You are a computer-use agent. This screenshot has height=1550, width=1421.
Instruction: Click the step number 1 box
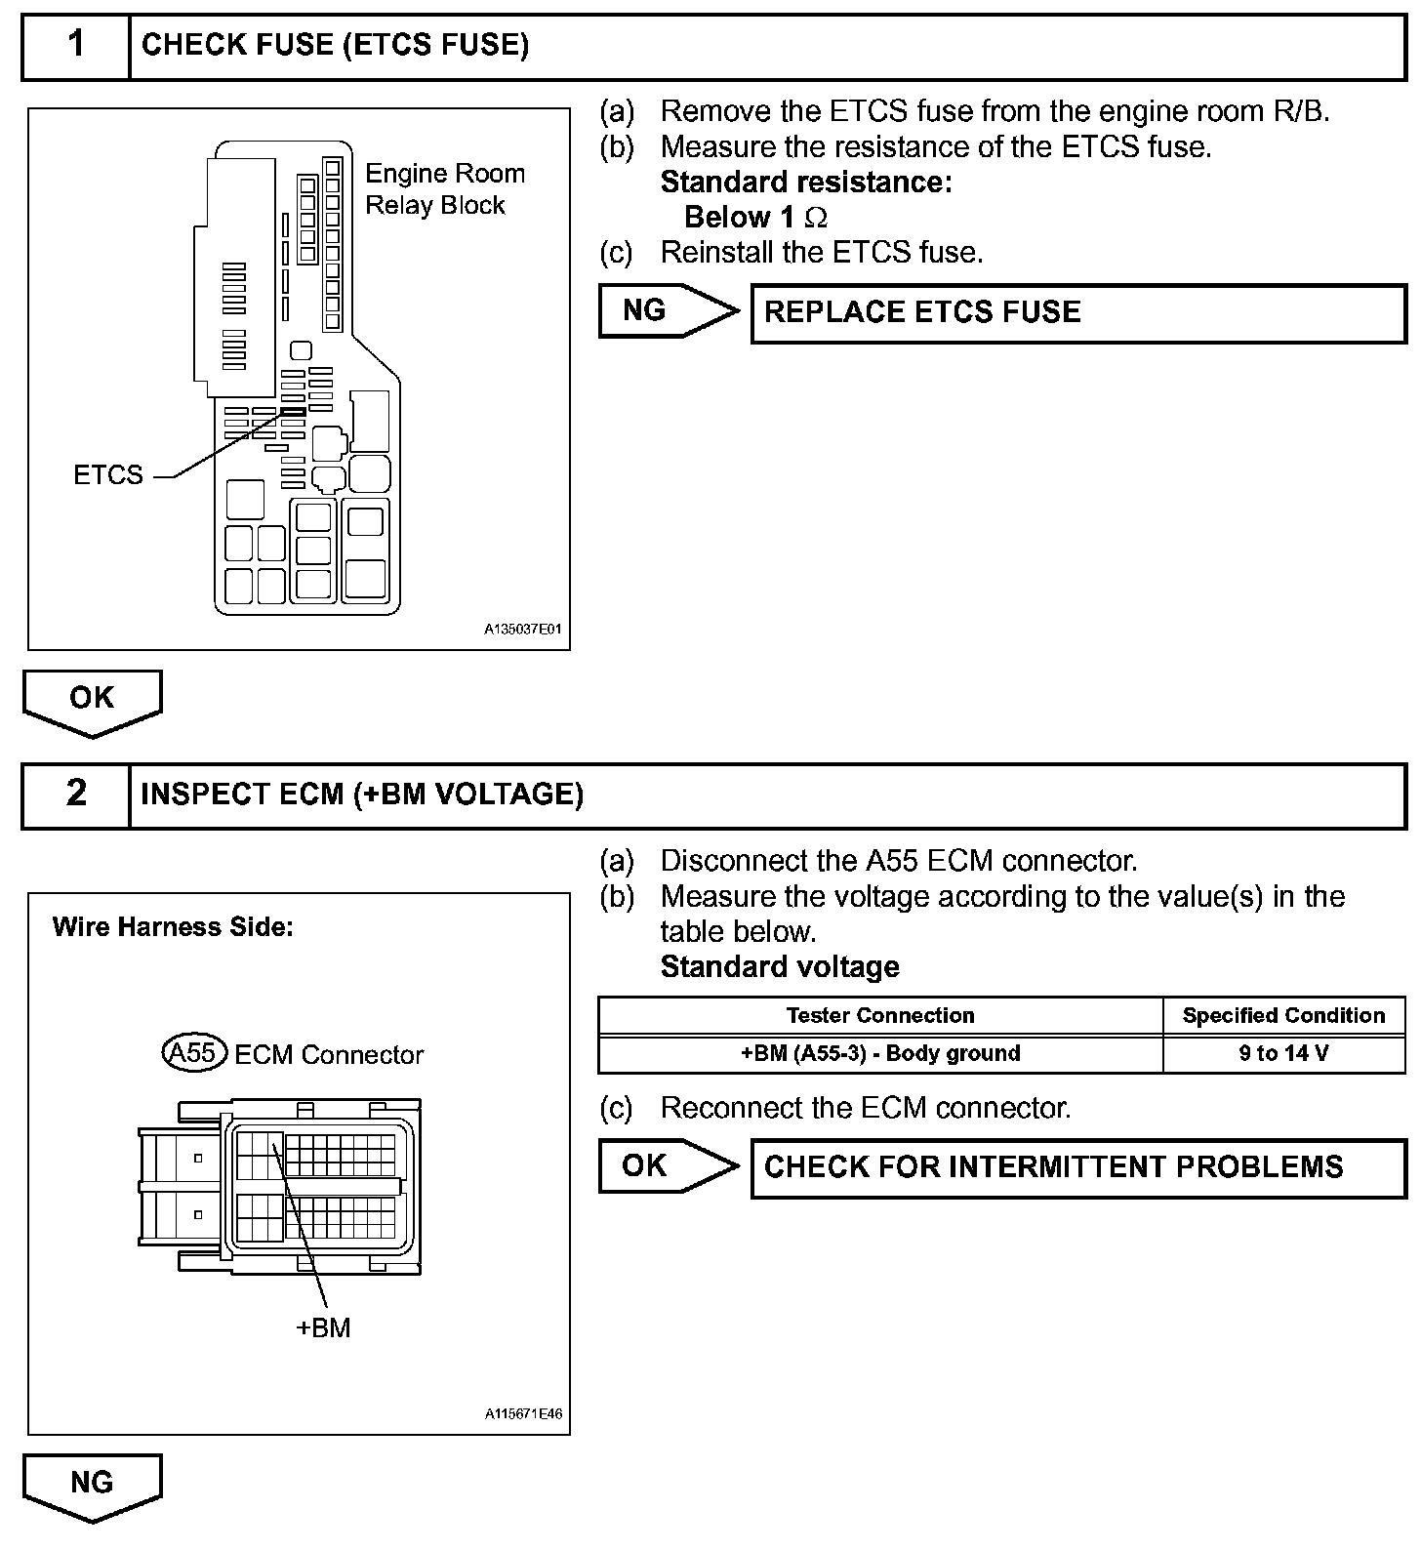click(x=76, y=45)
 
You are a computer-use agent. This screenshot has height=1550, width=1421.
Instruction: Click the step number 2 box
click(x=76, y=794)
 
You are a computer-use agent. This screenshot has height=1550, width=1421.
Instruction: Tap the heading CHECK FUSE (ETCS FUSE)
click(x=335, y=45)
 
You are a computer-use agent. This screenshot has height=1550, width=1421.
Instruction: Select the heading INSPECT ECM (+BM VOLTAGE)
click(x=362, y=794)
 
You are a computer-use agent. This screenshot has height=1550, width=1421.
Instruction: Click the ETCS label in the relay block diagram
click(x=108, y=474)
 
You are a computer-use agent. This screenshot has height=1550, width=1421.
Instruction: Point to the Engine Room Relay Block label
click(x=444, y=189)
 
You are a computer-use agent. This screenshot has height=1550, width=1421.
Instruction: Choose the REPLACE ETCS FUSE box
click(x=1077, y=312)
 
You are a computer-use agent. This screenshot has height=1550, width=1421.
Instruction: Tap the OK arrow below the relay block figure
click(x=93, y=701)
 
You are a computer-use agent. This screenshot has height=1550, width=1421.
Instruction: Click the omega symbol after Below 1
click(x=816, y=218)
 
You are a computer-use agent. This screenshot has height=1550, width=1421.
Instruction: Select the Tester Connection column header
click(x=880, y=1015)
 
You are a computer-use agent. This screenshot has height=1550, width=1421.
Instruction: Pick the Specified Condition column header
click(x=1283, y=1015)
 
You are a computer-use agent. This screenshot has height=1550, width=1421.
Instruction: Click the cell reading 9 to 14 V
click(x=1283, y=1053)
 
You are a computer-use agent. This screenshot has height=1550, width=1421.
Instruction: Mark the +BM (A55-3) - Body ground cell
click(x=880, y=1053)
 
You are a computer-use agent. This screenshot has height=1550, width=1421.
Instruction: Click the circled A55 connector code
click(x=193, y=1053)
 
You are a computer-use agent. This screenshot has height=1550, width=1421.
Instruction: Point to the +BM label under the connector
click(x=323, y=1327)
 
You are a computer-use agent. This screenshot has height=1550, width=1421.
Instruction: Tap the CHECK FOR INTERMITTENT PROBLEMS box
click(x=1077, y=1167)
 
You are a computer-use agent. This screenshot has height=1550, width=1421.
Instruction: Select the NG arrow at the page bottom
click(x=93, y=1486)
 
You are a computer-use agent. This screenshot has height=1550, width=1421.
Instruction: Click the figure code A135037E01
click(x=523, y=630)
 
